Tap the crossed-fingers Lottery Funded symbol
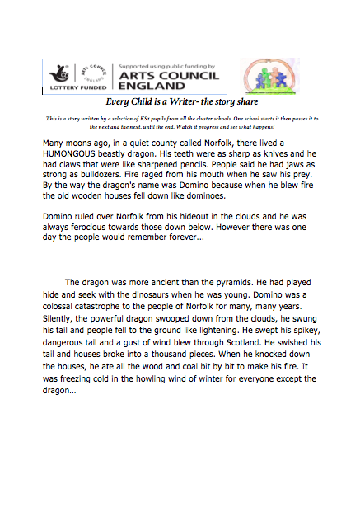coord(62,70)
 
